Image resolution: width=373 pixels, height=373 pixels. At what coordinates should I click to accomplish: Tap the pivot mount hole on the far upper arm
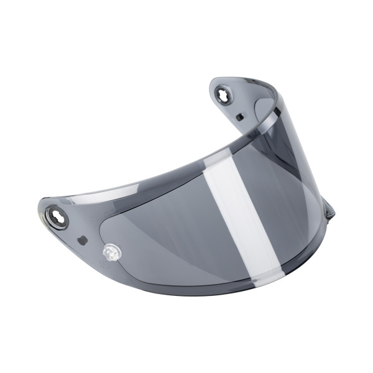tap(222, 94)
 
